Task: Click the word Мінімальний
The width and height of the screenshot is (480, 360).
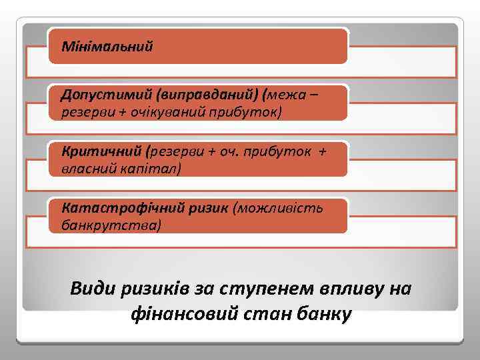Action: point(107,47)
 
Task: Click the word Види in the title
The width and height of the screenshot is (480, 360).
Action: point(94,289)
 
